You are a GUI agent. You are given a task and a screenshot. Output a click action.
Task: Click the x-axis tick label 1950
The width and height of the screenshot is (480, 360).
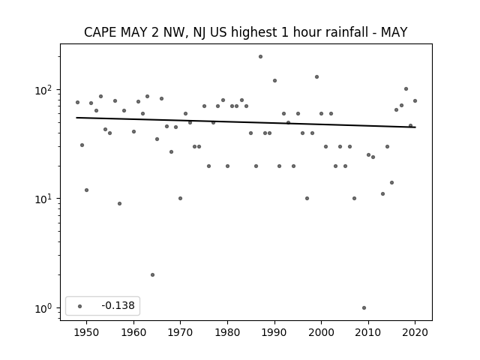point(87,332)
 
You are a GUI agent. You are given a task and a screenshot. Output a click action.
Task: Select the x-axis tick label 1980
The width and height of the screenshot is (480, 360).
point(227,332)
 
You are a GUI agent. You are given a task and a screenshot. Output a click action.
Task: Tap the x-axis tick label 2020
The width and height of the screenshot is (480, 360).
point(415,332)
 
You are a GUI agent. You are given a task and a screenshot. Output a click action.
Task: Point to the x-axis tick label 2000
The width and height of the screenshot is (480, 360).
point(321,332)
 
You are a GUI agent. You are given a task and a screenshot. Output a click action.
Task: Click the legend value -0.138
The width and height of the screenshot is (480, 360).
point(118,305)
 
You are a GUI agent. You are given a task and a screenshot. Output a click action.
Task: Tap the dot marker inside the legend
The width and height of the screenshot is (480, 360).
point(80,306)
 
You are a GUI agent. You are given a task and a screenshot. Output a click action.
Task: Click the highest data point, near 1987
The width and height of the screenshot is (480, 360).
point(260,57)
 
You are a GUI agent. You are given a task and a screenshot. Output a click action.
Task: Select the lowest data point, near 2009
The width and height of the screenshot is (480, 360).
point(364,308)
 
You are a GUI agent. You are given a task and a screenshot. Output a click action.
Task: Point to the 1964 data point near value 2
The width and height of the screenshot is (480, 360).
point(152,275)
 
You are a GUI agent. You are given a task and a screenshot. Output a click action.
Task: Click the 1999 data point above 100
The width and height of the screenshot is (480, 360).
point(316,76)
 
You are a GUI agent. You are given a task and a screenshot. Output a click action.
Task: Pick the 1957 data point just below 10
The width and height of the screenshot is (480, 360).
point(120,203)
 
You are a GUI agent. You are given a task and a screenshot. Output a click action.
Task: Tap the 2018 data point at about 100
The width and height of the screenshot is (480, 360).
point(406,89)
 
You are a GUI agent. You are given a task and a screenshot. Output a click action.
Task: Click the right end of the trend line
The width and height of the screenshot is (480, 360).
point(415,127)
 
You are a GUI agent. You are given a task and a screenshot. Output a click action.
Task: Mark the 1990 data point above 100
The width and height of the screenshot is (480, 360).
point(275,81)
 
